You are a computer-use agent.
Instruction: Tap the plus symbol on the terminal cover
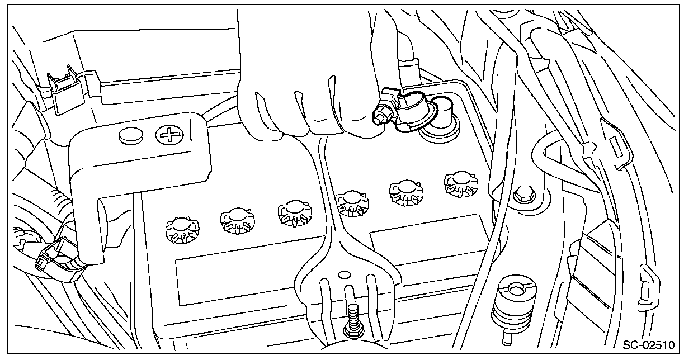[166, 134]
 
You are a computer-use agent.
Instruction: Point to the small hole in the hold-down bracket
[343, 274]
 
